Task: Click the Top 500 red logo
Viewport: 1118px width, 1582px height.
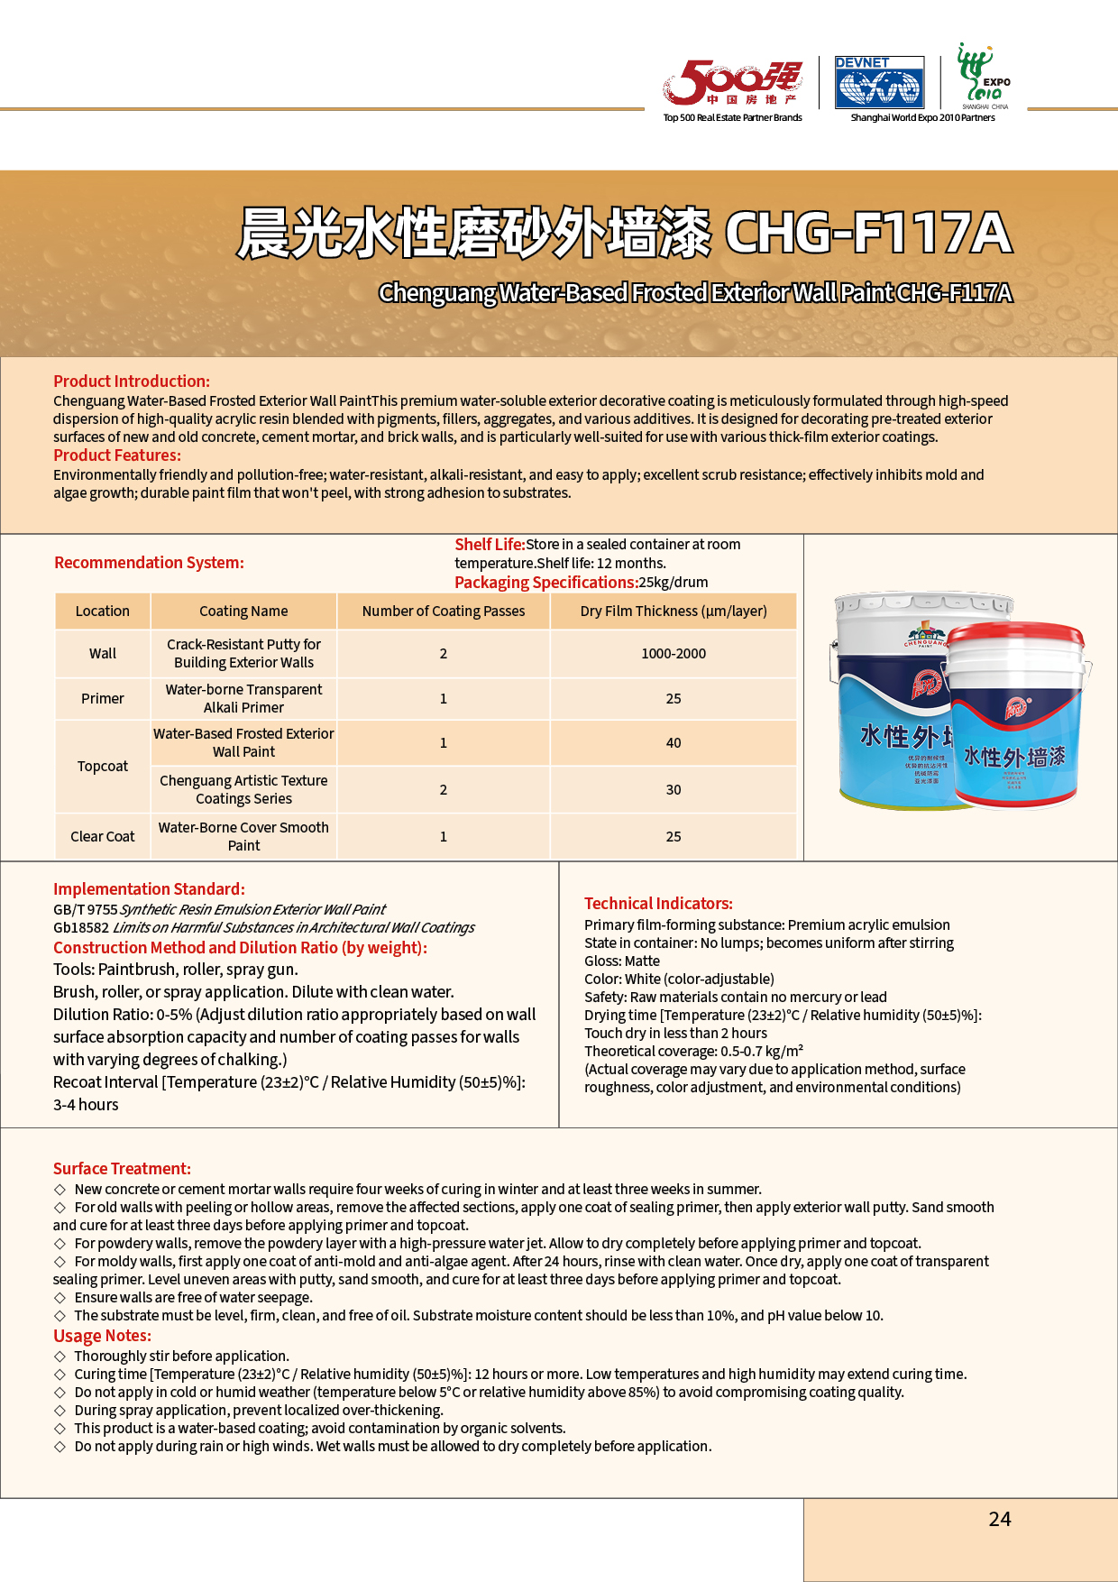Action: pos(731,83)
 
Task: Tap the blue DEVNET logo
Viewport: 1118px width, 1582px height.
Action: pos(878,82)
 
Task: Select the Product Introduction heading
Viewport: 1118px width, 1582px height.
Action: pos(132,382)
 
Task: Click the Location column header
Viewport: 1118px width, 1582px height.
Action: pos(103,612)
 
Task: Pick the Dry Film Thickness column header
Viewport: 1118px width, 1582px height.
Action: pos(674,612)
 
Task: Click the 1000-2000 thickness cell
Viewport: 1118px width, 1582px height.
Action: pos(674,654)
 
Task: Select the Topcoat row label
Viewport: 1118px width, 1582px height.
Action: pos(103,767)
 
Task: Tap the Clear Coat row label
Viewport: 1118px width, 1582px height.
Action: pos(103,837)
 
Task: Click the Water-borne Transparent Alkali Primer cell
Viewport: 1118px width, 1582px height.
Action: pos(243,699)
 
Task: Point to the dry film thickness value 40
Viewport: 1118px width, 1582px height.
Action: pos(674,743)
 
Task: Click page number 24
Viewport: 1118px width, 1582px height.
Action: pos(1000,1520)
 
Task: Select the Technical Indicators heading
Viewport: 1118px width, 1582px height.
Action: pos(658,904)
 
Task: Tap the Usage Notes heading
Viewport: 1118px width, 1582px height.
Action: pos(103,1336)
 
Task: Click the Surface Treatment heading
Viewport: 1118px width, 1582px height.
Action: pos(122,1169)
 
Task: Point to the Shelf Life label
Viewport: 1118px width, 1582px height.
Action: pos(490,545)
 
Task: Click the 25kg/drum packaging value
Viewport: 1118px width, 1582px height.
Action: pos(674,583)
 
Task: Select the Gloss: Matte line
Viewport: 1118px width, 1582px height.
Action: pos(622,961)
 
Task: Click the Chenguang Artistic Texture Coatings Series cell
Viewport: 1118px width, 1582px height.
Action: pos(243,790)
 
